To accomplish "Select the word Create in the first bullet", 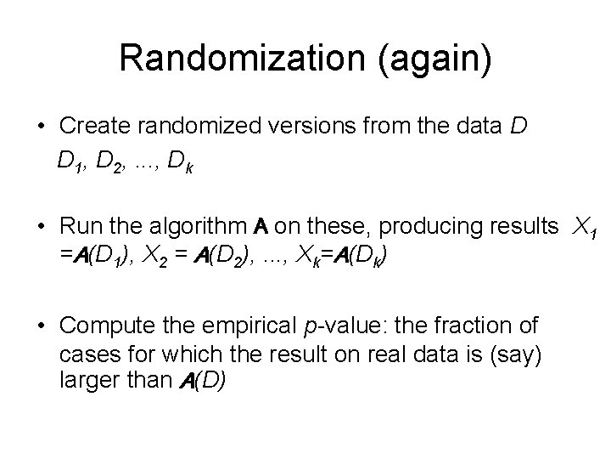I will [x=96, y=127].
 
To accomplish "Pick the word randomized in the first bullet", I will [x=199, y=127].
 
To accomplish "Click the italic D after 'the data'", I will [x=519, y=127].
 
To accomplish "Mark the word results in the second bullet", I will [x=517, y=228].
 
